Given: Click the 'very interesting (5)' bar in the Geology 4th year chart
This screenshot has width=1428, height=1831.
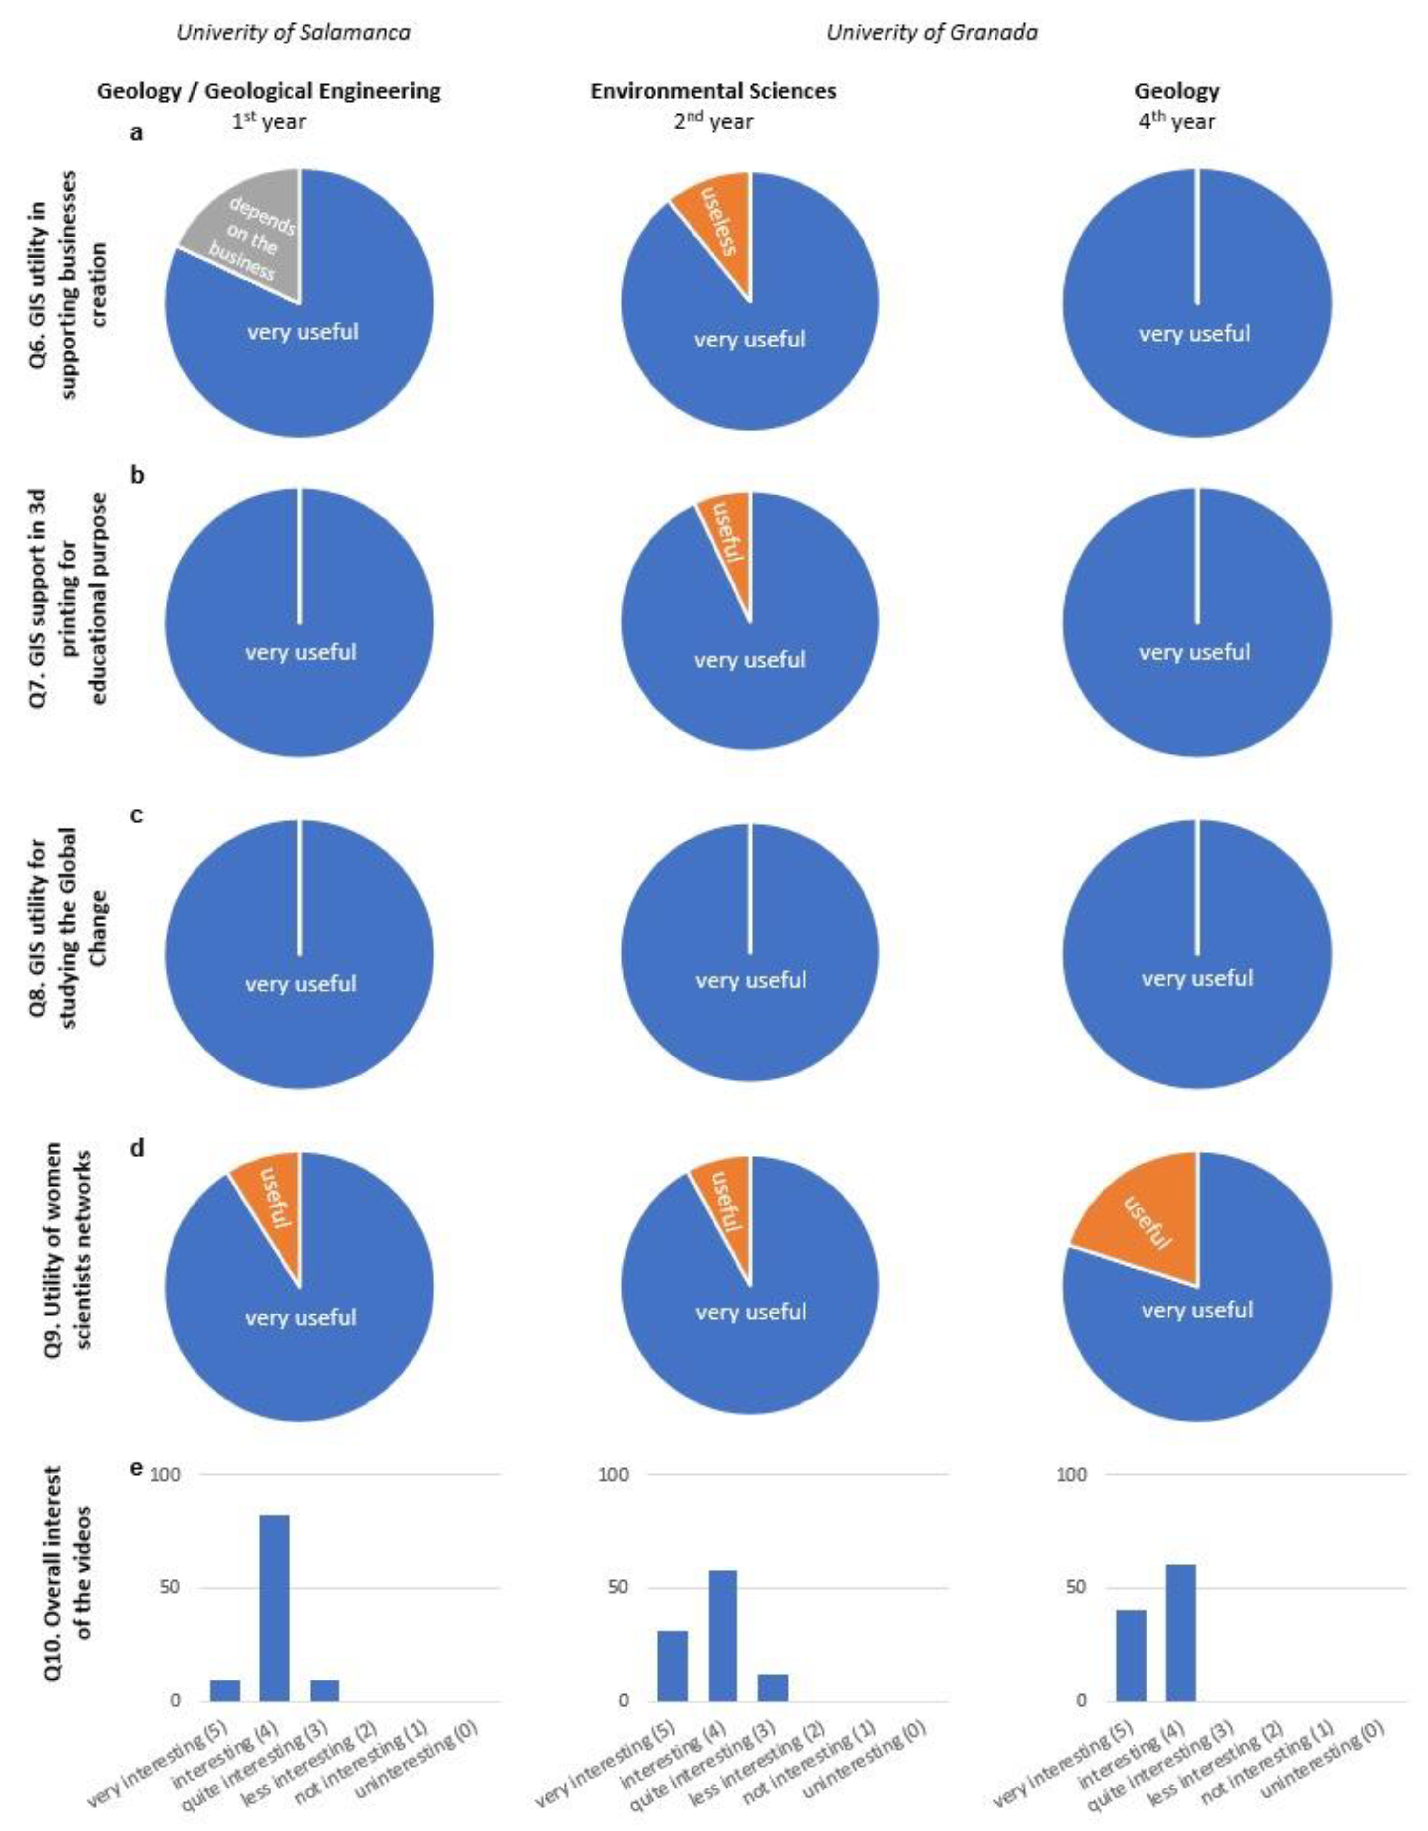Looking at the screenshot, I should pyautogui.click(x=1130, y=1655).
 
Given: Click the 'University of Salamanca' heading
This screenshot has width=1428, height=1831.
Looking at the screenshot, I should pyautogui.click(x=294, y=33).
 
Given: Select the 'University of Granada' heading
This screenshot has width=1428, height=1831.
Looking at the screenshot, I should pyautogui.click(x=931, y=33).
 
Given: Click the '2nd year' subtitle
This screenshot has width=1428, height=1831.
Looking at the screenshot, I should pyautogui.click(x=714, y=122).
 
